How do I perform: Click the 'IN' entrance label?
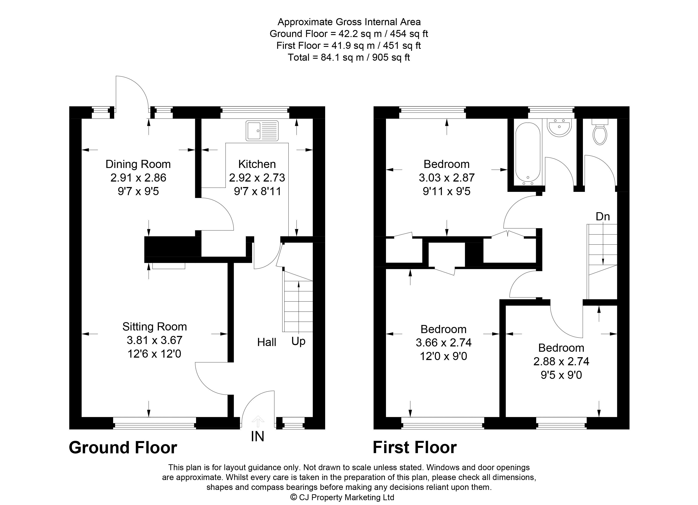(x=258, y=436)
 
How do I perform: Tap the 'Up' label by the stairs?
(x=298, y=341)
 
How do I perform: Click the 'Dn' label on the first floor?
(x=603, y=216)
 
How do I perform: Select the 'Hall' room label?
(x=267, y=342)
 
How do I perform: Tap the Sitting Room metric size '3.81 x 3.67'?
(x=154, y=340)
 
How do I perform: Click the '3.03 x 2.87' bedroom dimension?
(x=447, y=178)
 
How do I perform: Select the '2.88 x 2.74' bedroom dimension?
(x=561, y=361)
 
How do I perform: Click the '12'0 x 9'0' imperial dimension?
(x=444, y=356)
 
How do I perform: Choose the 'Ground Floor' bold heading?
(x=123, y=447)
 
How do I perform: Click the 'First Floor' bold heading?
(x=415, y=447)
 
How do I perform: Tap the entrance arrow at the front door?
(x=258, y=421)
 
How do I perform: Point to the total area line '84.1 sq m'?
(x=349, y=58)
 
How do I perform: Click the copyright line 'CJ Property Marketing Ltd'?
(x=342, y=497)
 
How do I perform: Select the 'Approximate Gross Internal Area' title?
(x=349, y=22)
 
